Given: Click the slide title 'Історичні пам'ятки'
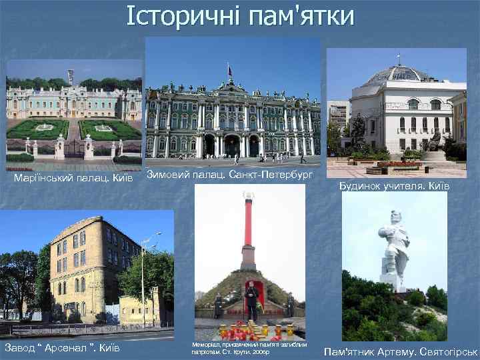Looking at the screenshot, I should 241,16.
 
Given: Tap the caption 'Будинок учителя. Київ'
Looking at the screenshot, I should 394,186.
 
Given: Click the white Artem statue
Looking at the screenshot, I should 395,250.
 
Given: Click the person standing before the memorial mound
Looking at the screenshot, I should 251,300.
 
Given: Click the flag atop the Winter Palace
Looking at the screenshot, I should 230,69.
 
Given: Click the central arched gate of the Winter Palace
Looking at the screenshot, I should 231,145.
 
